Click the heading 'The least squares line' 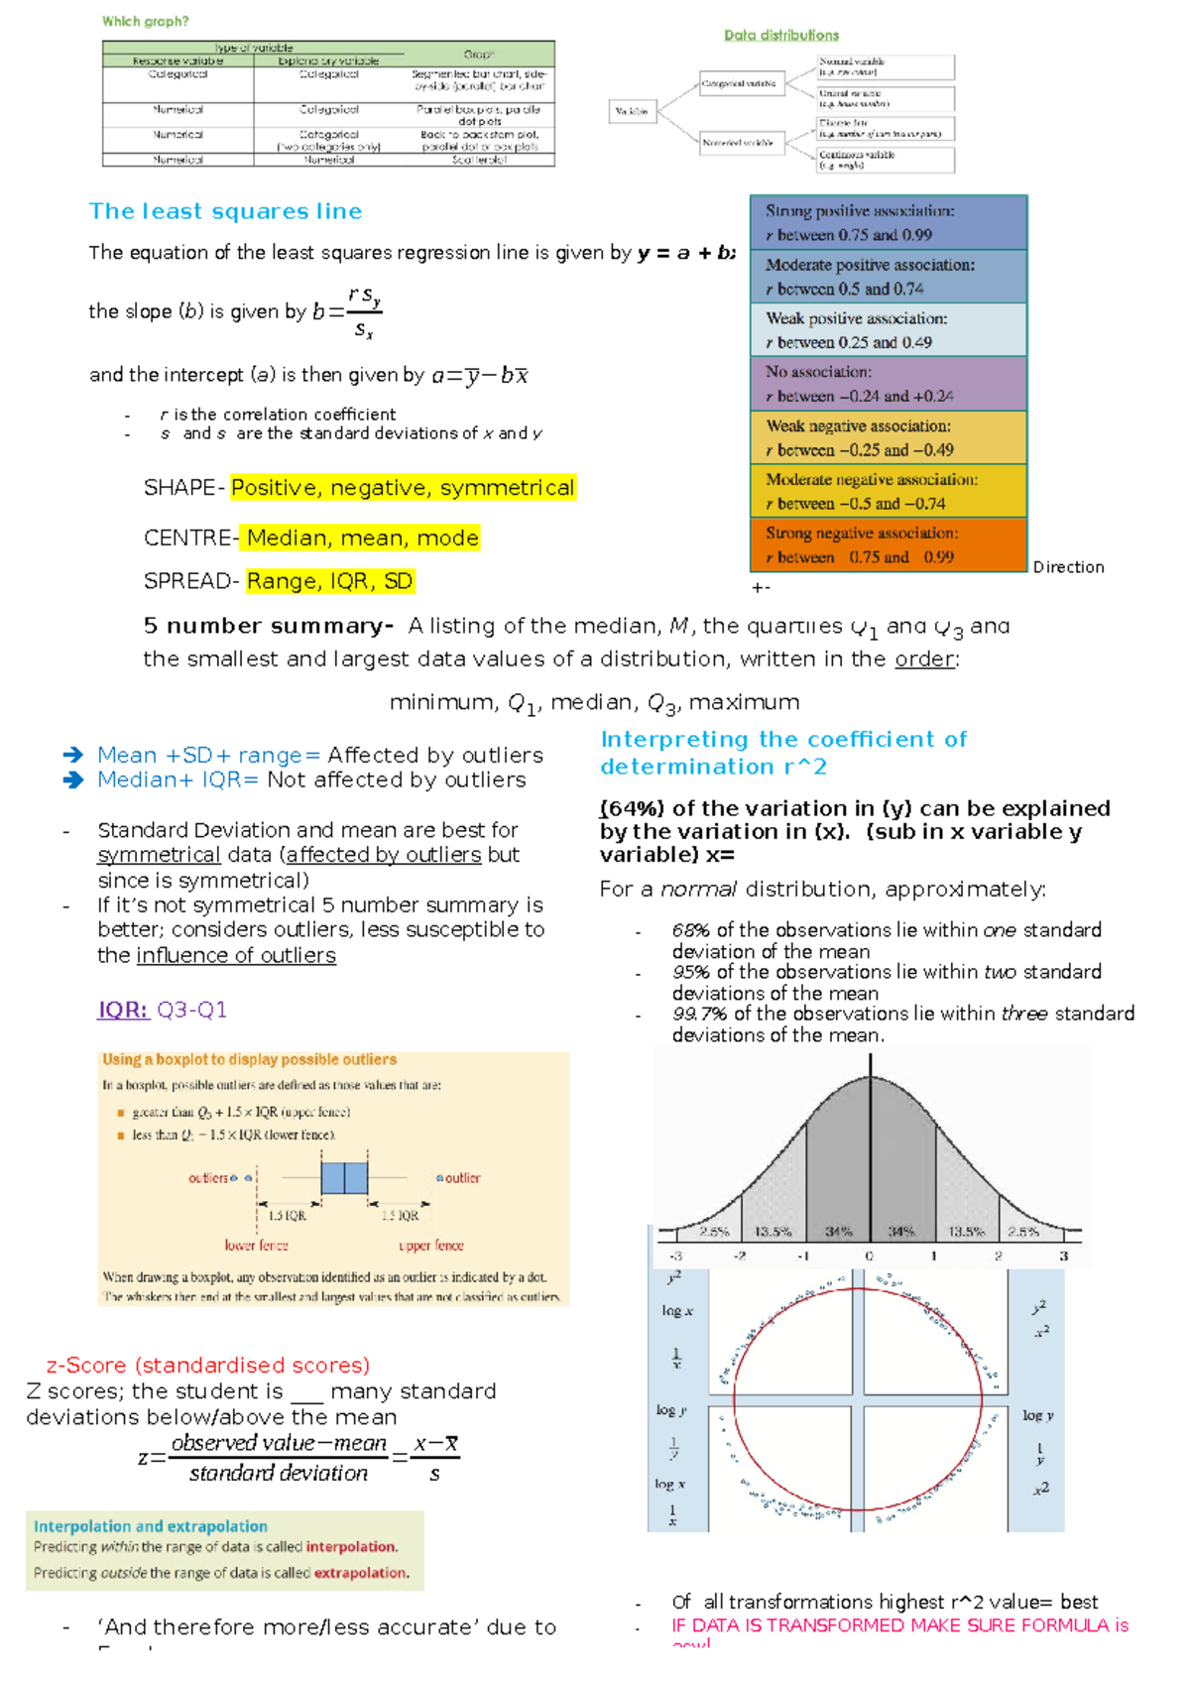[225, 211]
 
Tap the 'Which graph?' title [145, 21]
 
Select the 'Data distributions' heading [781, 35]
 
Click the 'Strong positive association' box [888, 222]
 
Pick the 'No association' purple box [888, 384]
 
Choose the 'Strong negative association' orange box [888, 544]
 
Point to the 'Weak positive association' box [888, 330]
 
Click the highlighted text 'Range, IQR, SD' [329, 581]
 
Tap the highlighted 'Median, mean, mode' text [362, 538]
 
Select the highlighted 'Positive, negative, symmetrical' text [403, 488]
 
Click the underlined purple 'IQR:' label [123, 1010]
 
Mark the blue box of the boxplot [344, 1177]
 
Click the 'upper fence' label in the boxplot [431, 1246]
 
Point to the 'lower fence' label [256, 1246]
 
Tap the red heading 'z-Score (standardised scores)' [208, 1365]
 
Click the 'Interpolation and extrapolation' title [151, 1526]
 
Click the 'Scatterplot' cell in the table [479, 160]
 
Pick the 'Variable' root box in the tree [632, 111]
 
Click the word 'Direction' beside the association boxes [1068, 567]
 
